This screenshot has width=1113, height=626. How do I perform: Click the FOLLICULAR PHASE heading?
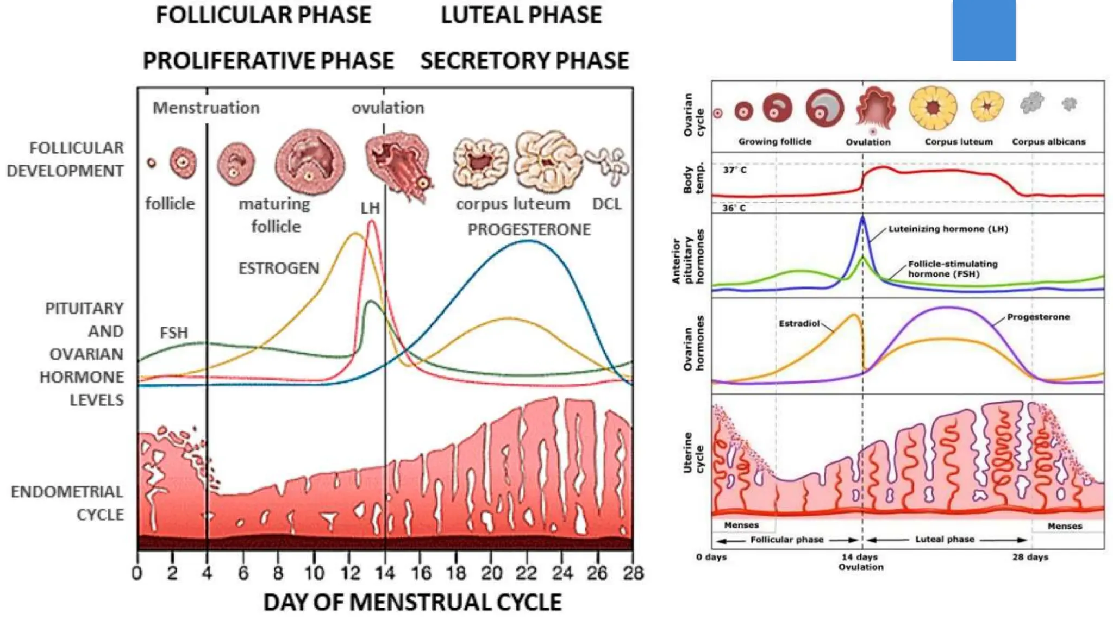point(264,15)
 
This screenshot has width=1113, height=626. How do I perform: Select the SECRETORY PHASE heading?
point(524,61)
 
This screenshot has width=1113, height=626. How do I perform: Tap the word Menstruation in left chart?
point(206,108)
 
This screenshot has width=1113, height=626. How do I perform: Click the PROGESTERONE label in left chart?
point(529,230)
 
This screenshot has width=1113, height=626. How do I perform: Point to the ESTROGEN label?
point(279,268)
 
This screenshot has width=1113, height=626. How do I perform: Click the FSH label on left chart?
point(173,333)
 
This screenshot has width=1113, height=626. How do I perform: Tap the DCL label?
point(606,204)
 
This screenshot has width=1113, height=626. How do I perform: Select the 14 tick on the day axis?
point(385,573)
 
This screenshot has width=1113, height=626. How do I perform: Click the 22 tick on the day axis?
point(526,573)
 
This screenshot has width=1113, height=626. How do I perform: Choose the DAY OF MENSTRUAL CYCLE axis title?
point(412,603)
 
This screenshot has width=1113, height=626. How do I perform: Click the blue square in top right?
point(984,30)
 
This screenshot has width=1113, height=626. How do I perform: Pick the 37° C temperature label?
point(735,170)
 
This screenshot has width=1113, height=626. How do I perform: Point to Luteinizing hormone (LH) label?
point(948,229)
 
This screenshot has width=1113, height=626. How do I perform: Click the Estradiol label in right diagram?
point(799,323)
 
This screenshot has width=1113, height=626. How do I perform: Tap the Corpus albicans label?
point(1048,142)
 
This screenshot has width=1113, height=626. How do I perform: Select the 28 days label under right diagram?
point(1030,557)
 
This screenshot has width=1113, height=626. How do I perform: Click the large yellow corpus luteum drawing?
point(933,108)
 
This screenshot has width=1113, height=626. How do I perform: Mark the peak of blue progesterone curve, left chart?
point(528,241)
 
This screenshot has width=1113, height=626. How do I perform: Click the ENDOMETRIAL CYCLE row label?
point(67,503)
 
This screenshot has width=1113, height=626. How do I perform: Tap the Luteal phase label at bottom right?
point(945,540)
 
